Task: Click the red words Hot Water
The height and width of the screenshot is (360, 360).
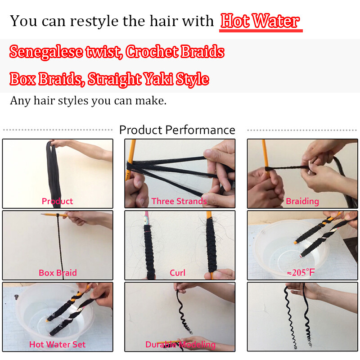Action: coord(260,21)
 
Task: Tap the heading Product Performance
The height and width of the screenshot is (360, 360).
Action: coord(177,130)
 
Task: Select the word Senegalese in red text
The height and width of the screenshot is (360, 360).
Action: coord(46,52)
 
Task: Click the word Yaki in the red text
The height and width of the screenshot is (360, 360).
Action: coord(158,79)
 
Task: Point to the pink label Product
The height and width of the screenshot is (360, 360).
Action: coord(57,201)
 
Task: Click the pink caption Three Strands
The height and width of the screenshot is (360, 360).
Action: coord(179,201)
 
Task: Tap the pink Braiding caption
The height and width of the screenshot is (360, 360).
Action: coord(302,201)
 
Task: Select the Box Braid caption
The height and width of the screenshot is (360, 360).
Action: coord(58,273)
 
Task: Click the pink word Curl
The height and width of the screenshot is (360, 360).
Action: coord(177,273)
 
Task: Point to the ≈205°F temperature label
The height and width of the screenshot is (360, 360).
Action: coord(301,273)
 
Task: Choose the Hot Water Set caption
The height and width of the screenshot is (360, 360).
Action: coord(58,344)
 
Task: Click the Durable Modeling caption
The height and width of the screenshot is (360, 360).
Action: coord(180,345)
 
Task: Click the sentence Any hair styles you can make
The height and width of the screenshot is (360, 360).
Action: coord(88,100)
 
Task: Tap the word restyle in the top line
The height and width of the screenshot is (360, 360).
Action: coord(94,21)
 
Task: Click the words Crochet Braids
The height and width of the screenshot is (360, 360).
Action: coord(175,52)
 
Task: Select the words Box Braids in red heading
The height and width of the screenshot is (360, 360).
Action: coord(46,79)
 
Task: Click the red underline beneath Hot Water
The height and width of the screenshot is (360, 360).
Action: coord(261,31)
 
